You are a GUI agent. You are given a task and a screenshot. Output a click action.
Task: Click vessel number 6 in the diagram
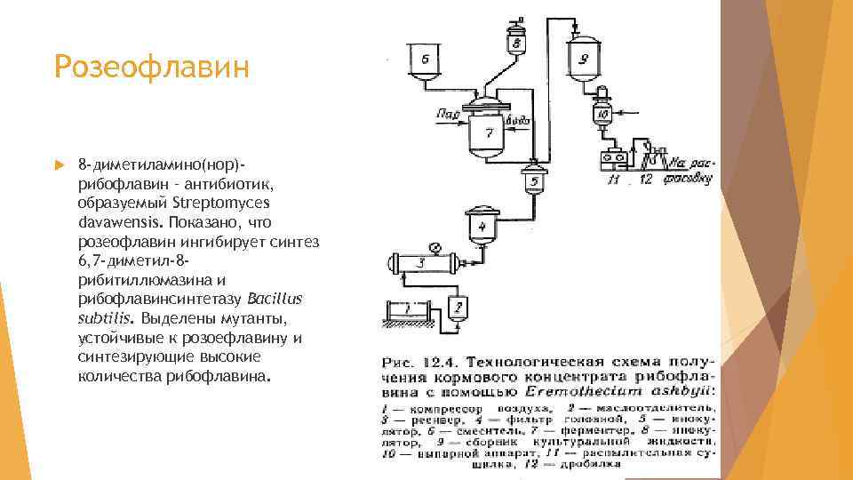(x=426, y=61)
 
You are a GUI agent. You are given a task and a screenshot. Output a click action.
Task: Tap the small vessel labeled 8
(x=515, y=39)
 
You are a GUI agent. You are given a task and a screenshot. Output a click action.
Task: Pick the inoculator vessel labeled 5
(x=534, y=182)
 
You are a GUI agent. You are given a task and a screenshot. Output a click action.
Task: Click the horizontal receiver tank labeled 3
(x=421, y=263)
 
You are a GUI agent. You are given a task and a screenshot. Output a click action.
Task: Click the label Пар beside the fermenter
(x=448, y=114)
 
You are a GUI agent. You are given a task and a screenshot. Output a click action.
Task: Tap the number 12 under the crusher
(x=646, y=180)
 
